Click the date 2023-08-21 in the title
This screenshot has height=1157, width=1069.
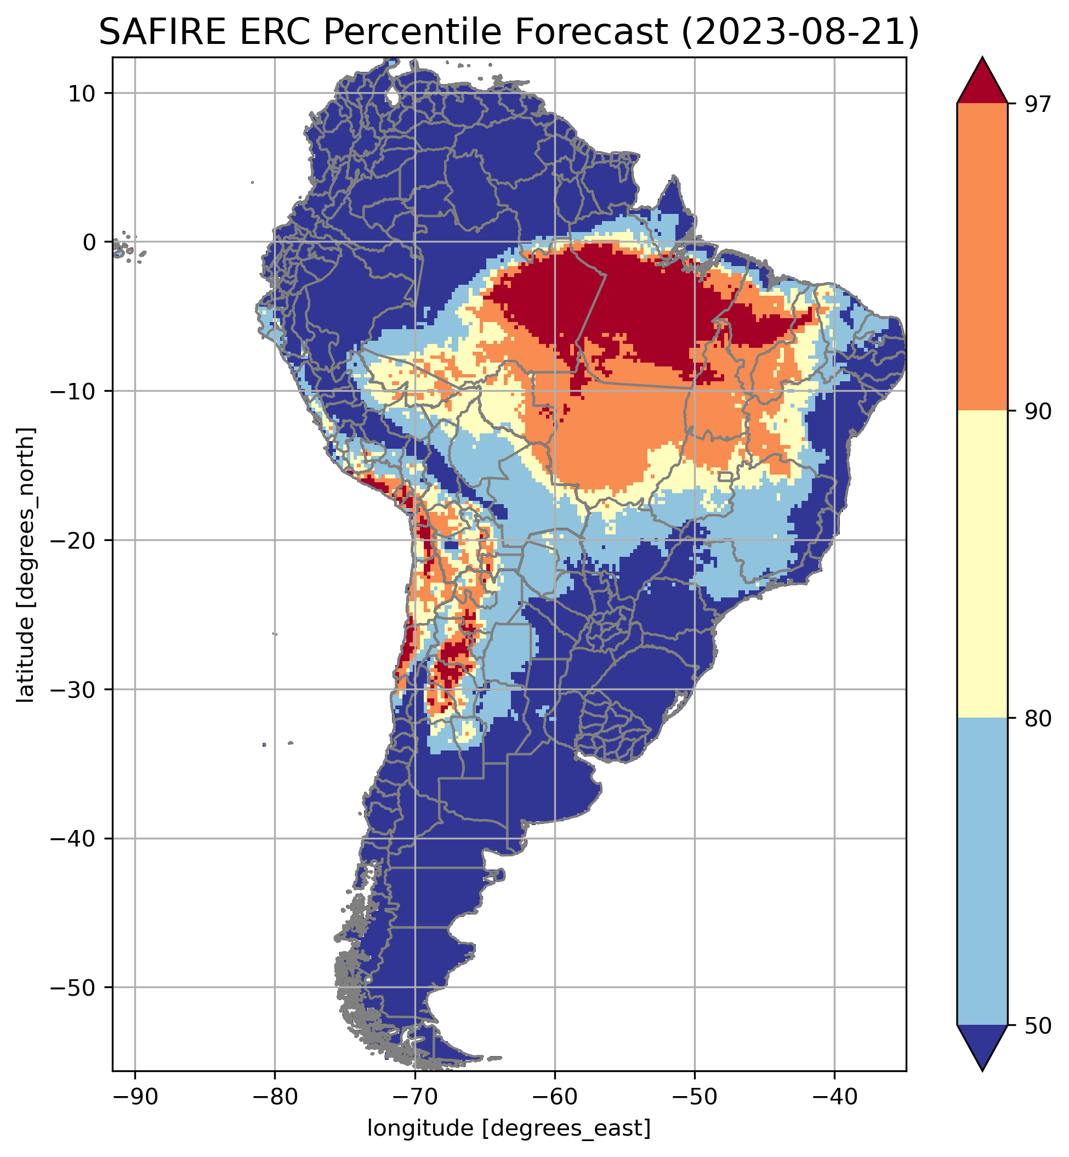[x=799, y=32]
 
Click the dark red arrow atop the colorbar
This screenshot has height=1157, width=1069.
[x=982, y=84]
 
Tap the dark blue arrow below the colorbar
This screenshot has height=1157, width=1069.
[x=982, y=1045]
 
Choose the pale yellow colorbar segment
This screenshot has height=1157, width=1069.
[x=982, y=565]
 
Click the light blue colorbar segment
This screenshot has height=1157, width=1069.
[x=982, y=871]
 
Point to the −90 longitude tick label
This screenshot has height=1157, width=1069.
[x=135, y=1096]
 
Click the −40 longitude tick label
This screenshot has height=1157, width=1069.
[x=834, y=1096]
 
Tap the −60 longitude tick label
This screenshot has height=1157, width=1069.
[x=554, y=1096]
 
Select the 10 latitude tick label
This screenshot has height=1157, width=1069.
[x=82, y=93]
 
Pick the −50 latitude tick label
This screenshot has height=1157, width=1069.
[x=73, y=987]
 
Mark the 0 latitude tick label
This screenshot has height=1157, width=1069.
[x=88, y=242]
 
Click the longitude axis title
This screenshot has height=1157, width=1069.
[x=509, y=1128]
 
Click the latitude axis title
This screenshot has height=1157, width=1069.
[x=25, y=565]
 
